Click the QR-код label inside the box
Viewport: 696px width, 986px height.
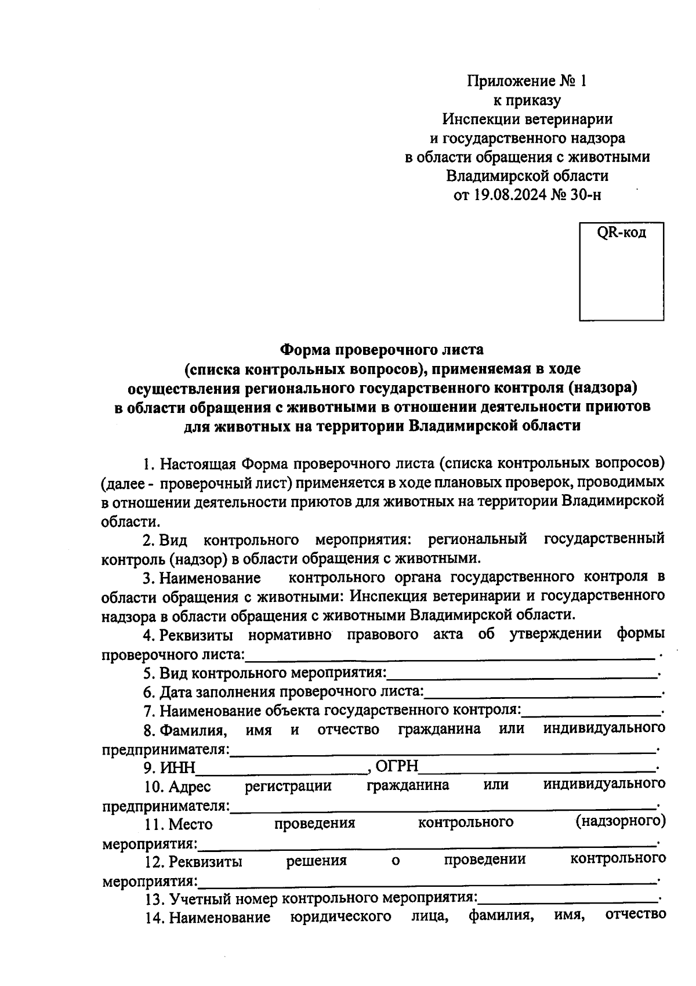coord(621,234)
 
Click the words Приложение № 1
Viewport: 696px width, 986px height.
coord(527,81)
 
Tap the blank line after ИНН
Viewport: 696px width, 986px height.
coord(281,771)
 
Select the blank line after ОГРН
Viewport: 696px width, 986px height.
coord(537,771)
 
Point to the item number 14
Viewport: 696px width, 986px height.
coord(153,918)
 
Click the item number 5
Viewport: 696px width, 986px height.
coord(148,673)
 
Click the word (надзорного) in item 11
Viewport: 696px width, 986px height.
coord(621,821)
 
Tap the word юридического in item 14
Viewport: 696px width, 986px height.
coord(340,917)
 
